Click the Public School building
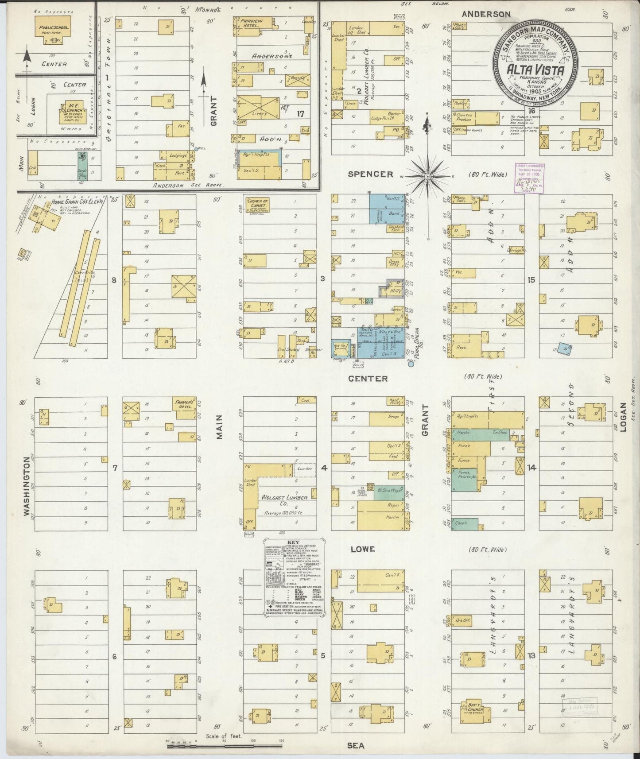(53, 31)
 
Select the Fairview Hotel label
(250, 23)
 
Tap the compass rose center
(427, 177)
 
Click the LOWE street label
(362, 549)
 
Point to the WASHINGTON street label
(27, 486)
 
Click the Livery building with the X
(259, 107)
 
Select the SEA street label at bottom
(356, 746)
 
